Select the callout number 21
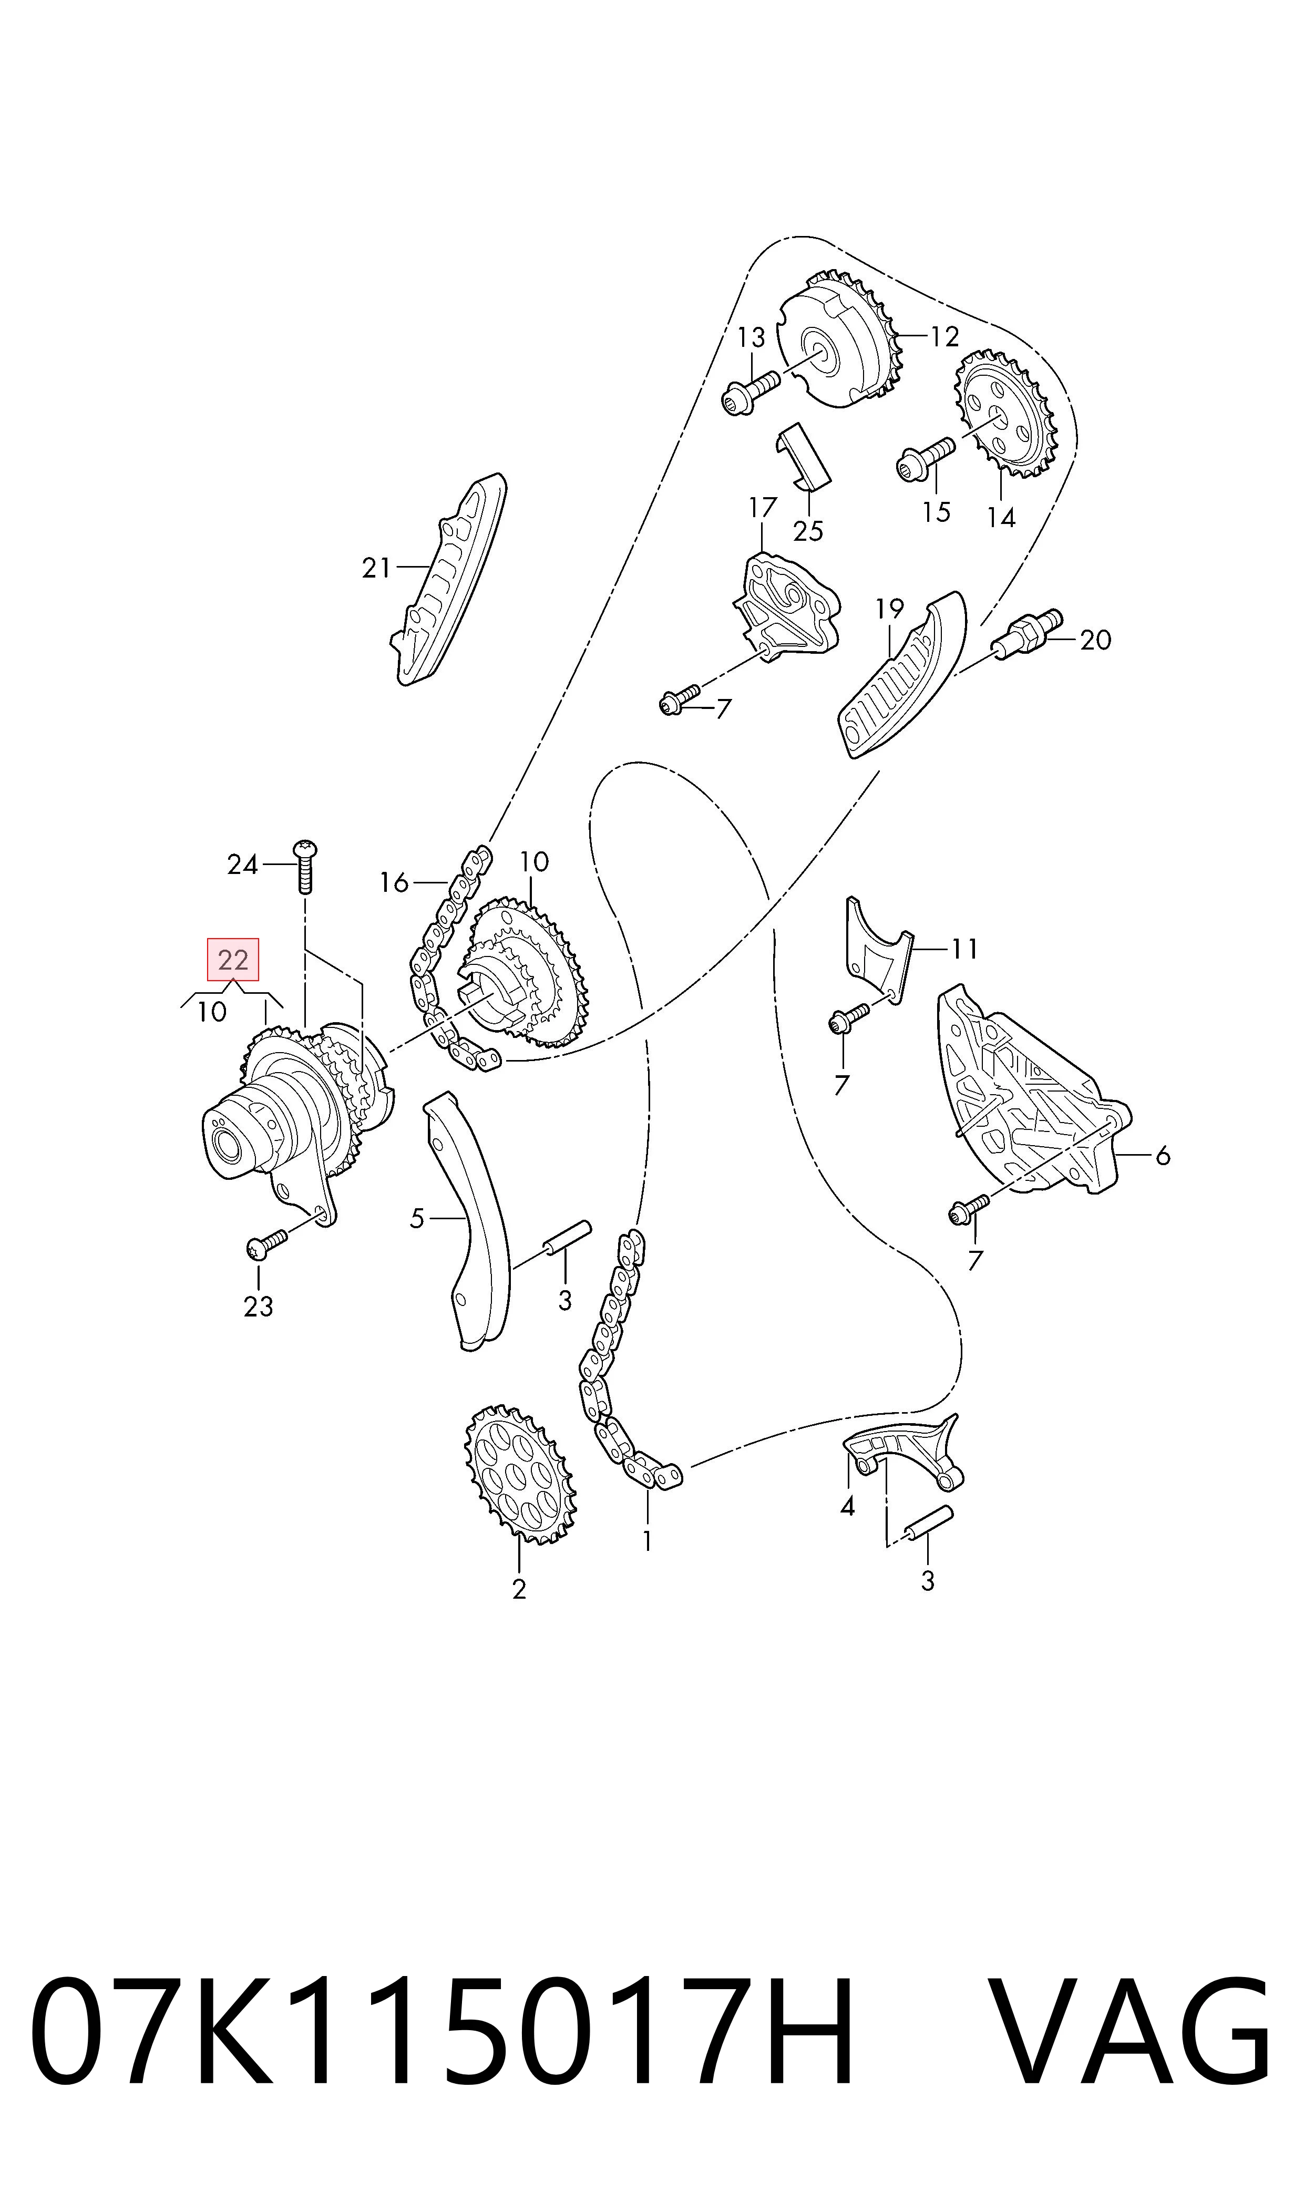376,569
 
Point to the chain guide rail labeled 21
449,579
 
